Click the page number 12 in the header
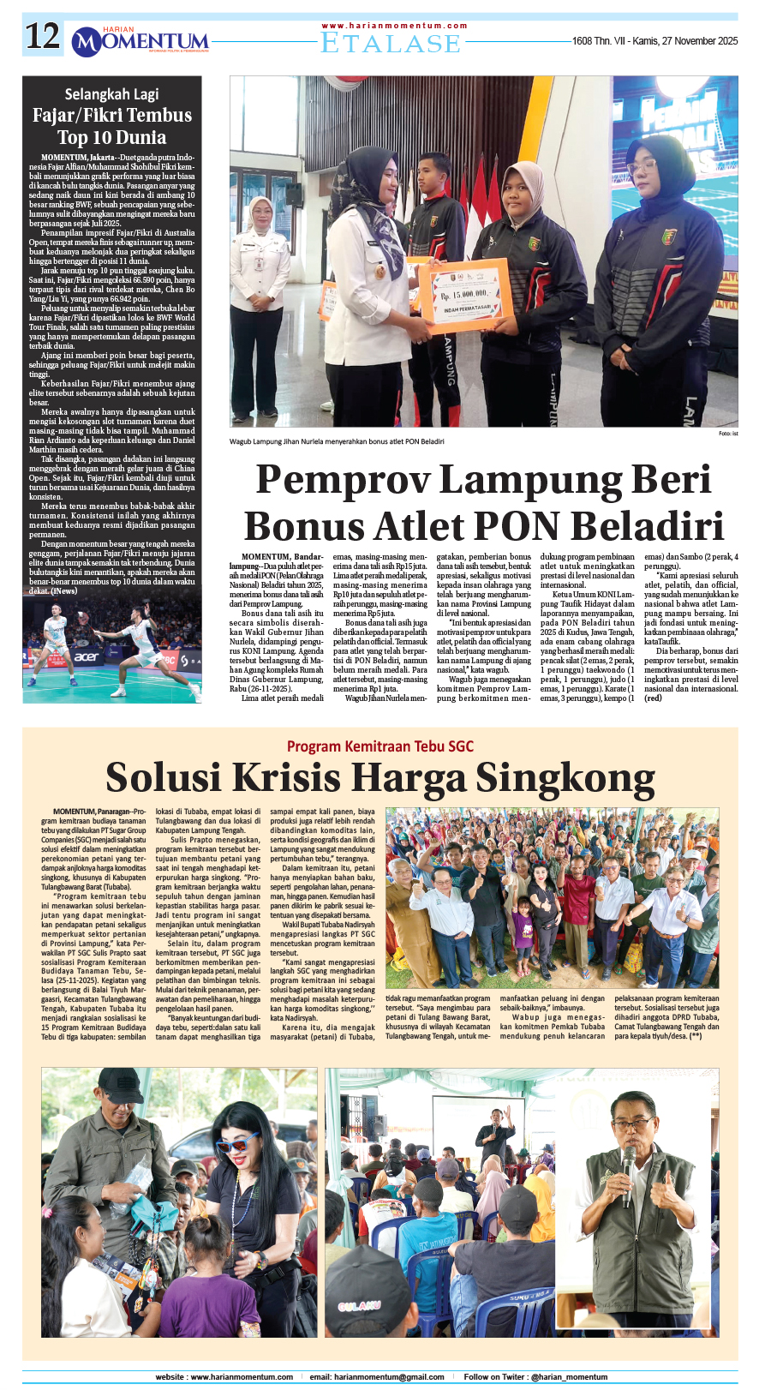pos(43,37)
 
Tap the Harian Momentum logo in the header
pos(140,40)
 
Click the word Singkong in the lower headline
pos(565,777)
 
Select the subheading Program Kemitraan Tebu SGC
pos(380,746)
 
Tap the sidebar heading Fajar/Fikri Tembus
pos(111,116)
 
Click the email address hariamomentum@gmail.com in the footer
pos(389,1377)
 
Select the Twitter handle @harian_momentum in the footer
pos(569,1377)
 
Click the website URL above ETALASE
pos(395,26)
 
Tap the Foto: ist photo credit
pos(728,434)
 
